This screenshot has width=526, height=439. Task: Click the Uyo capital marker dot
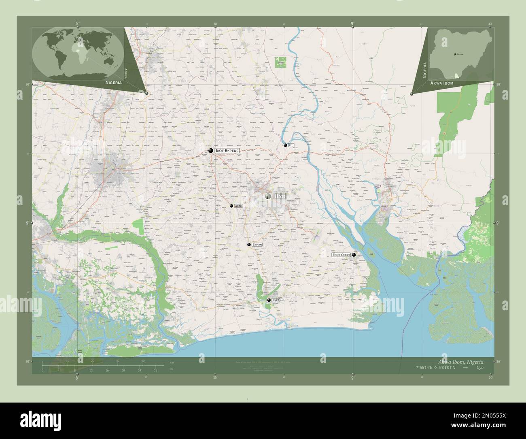pos(268,196)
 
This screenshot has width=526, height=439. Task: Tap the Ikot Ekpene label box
pos(227,151)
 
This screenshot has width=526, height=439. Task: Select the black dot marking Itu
pos(285,145)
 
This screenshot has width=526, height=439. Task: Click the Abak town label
pos(238,206)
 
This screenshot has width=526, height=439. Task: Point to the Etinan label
pos(257,245)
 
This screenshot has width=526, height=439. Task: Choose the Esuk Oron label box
pos(341,255)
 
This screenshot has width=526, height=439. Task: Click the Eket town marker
pos(269,300)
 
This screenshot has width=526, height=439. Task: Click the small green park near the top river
pos(280,62)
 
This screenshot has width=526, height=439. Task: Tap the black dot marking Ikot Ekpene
pos(210,151)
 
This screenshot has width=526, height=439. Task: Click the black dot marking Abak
pos(231,206)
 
